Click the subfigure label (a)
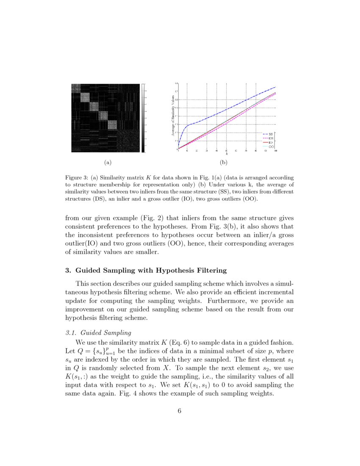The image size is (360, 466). click(x=107, y=162)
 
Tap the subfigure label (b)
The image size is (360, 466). click(x=224, y=162)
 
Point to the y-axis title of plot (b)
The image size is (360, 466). click(x=173, y=115)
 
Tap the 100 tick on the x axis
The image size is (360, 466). click(x=275, y=151)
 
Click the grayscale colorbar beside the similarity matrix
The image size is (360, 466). click(x=143, y=117)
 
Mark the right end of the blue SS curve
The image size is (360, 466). click(x=275, y=87)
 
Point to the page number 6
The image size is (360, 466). click(x=180, y=411)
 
